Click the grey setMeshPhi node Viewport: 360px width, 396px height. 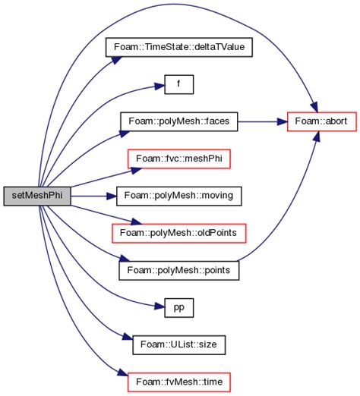click(x=37, y=195)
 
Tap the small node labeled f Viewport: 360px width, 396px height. click(x=180, y=84)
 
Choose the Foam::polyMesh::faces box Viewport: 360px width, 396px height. click(x=179, y=121)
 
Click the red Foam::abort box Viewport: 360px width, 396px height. click(x=312, y=121)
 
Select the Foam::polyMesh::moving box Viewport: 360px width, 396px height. click(x=179, y=195)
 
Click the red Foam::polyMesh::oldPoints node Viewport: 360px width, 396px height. click(x=179, y=231)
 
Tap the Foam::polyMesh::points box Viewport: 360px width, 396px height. click(x=179, y=269)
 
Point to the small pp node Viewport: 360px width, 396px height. click(x=180, y=306)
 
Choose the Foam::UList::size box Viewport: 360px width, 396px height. click(x=179, y=343)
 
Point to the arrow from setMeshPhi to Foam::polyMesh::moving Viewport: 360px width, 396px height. click(x=91, y=195)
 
